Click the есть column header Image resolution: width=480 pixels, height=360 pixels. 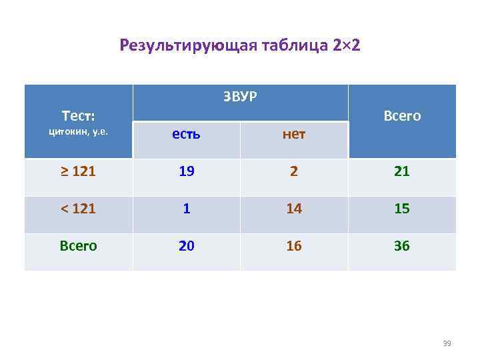pyautogui.click(x=186, y=134)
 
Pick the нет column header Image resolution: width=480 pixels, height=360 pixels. pyautogui.click(x=293, y=134)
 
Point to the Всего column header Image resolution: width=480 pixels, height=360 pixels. pyautogui.click(x=402, y=116)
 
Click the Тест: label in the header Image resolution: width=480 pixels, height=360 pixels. pyautogui.click(x=78, y=115)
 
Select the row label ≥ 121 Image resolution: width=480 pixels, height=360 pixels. pyautogui.click(x=78, y=171)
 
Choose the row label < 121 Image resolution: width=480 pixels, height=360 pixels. pyautogui.click(x=78, y=209)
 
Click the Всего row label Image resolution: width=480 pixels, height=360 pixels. pyautogui.click(x=78, y=246)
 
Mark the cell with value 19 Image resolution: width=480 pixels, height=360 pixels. pyautogui.click(x=186, y=171)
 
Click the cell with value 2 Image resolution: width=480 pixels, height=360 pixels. pyautogui.click(x=294, y=171)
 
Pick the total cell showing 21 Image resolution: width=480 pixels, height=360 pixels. pyautogui.click(x=401, y=171)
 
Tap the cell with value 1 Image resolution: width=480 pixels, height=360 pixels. pyautogui.click(x=186, y=209)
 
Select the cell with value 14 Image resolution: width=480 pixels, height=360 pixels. pyautogui.click(x=294, y=209)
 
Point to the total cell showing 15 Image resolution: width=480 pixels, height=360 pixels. pyautogui.click(x=401, y=209)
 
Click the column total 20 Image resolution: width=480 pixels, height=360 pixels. pyautogui.click(x=186, y=246)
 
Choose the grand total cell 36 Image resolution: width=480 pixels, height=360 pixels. pyautogui.click(x=401, y=246)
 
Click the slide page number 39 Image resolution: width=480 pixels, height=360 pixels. pyautogui.click(x=447, y=344)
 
